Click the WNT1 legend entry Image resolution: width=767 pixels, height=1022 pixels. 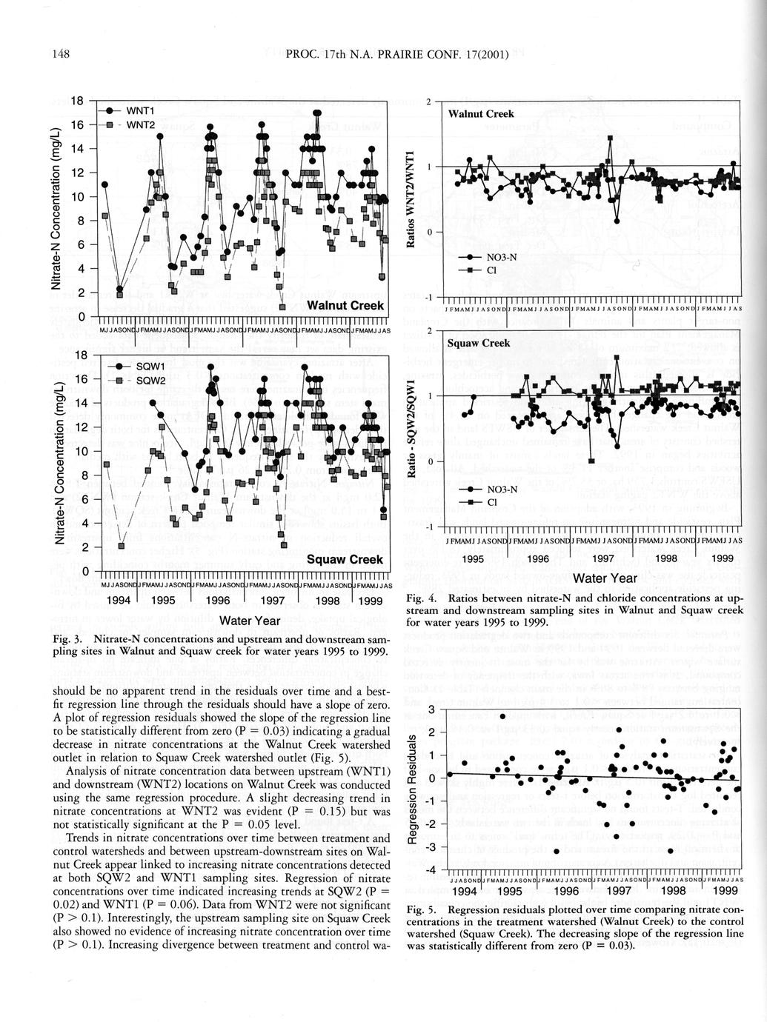[139, 110]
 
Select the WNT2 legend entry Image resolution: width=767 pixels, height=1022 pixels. [139, 124]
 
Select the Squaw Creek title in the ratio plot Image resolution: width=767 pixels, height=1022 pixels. [478, 344]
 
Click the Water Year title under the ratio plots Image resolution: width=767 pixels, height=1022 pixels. [604, 578]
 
